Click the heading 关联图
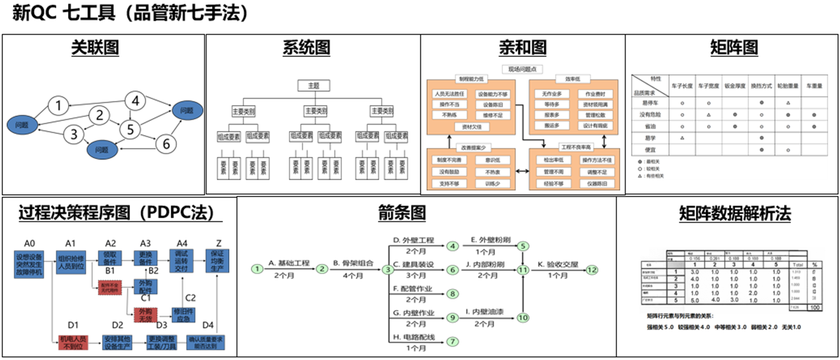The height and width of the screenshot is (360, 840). (95, 47)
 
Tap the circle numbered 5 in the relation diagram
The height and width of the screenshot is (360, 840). (130, 129)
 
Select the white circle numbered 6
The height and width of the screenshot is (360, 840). (166, 144)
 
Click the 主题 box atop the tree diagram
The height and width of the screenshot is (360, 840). (313, 85)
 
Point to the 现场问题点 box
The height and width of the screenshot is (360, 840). (522, 69)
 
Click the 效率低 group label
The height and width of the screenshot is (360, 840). (572, 79)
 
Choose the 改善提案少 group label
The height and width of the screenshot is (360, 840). (473, 147)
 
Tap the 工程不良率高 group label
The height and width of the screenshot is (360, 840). (576, 147)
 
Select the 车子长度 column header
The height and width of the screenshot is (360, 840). (682, 86)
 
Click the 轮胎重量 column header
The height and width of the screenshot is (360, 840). (787, 86)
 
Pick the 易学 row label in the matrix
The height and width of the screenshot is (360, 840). (650, 138)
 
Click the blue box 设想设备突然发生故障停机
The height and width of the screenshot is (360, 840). (29, 264)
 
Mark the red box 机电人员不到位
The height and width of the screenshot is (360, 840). (73, 342)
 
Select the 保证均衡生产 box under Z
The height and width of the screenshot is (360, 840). (217, 261)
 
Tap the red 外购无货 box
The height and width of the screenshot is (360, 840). (145, 315)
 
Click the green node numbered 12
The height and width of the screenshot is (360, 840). (592, 270)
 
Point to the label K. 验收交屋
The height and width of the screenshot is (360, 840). (557, 264)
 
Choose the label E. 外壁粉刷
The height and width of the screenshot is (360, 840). (490, 240)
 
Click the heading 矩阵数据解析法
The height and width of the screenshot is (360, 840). (735, 213)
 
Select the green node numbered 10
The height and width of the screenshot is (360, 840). (522, 317)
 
